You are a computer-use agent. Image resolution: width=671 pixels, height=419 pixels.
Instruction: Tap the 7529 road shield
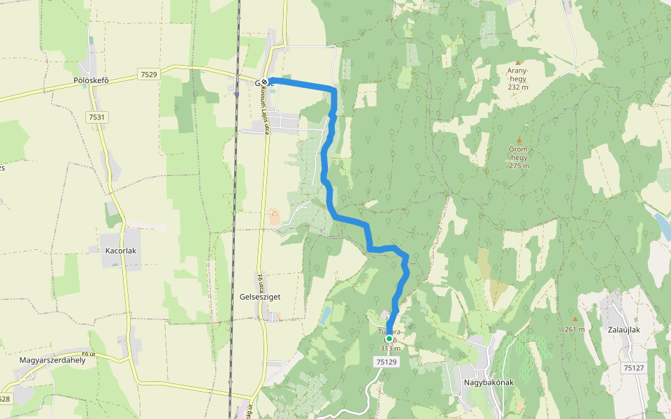click(x=148, y=74)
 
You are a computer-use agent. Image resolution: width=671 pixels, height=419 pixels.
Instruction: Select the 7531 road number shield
click(x=97, y=117)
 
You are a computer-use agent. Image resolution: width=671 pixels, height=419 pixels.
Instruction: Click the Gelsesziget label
click(x=260, y=297)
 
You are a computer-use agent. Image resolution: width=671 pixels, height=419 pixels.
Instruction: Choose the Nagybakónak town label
click(x=489, y=383)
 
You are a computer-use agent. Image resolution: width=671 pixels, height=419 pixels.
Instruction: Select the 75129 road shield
click(x=386, y=362)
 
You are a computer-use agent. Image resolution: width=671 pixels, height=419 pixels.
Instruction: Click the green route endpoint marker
click(x=389, y=339)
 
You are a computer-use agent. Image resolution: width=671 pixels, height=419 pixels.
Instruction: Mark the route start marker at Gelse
click(x=266, y=81)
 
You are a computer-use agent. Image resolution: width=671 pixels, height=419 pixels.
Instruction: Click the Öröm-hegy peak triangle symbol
click(x=519, y=140)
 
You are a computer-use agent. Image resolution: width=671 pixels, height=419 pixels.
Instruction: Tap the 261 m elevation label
click(x=575, y=329)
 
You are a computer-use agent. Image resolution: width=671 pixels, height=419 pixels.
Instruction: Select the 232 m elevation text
click(x=519, y=87)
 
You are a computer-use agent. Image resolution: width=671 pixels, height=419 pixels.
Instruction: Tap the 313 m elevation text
click(x=390, y=348)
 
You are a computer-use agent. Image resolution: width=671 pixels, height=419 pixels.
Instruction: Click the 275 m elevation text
click(x=519, y=166)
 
